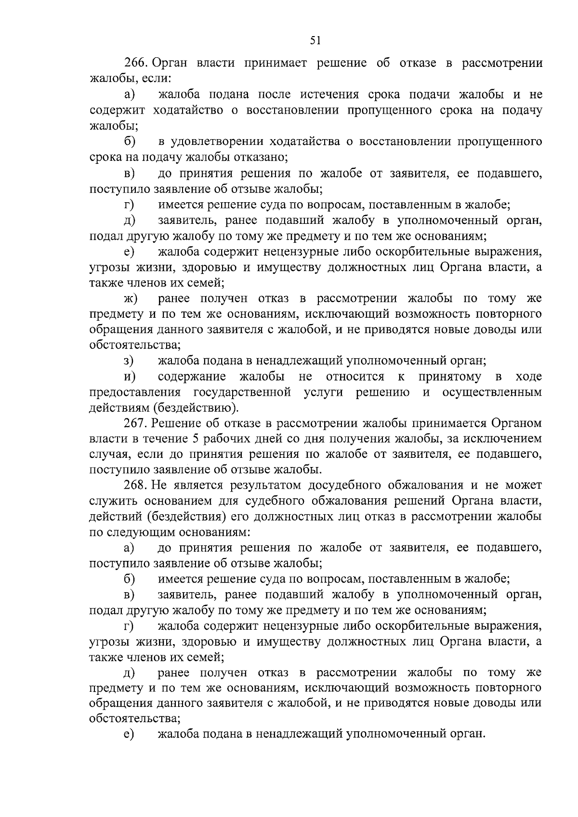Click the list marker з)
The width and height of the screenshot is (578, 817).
click(129, 361)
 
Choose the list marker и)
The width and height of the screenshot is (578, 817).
click(129, 376)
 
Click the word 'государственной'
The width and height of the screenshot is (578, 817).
click(242, 392)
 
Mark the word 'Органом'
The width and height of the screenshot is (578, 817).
click(516, 423)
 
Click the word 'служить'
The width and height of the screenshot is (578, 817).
click(109, 501)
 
